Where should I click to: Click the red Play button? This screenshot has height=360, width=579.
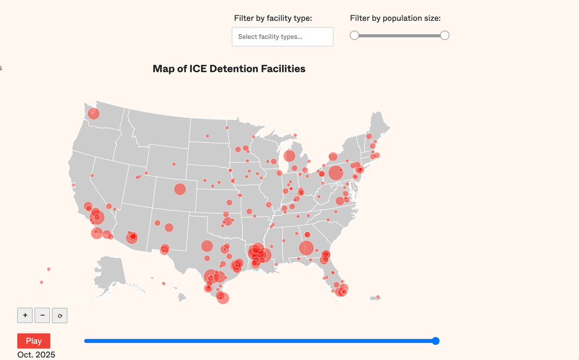[x=34, y=341]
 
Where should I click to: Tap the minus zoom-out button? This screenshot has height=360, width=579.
[x=42, y=315]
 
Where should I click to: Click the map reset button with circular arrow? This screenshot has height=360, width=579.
[x=60, y=316]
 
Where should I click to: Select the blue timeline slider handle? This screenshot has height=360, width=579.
[x=436, y=341]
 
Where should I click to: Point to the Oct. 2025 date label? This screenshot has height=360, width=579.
[x=36, y=355]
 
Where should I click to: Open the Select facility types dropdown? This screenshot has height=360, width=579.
[x=283, y=37]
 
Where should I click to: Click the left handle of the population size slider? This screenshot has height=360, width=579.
[x=354, y=35]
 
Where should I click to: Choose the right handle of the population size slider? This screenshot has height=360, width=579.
[x=444, y=35]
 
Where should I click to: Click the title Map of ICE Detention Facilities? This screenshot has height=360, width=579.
[x=229, y=69]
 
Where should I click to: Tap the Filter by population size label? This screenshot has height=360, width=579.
[x=395, y=18]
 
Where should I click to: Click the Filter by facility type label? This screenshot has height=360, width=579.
[x=273, y=18]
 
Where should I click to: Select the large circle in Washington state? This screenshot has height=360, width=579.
[x=94, y=114]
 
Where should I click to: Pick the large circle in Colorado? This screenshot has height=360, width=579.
[x=180, y=189]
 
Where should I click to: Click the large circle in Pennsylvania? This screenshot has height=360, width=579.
[x=336, y=173]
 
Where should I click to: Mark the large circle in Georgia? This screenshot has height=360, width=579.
[x=306, y=248]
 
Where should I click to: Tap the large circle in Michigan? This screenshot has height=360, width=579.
[x=289, y=156]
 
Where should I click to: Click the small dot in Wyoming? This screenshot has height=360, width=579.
[x=174, y=164]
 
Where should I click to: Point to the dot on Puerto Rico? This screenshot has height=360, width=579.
[x=378, y=297]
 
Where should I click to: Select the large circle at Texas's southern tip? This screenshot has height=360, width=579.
[x=223, y=298]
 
